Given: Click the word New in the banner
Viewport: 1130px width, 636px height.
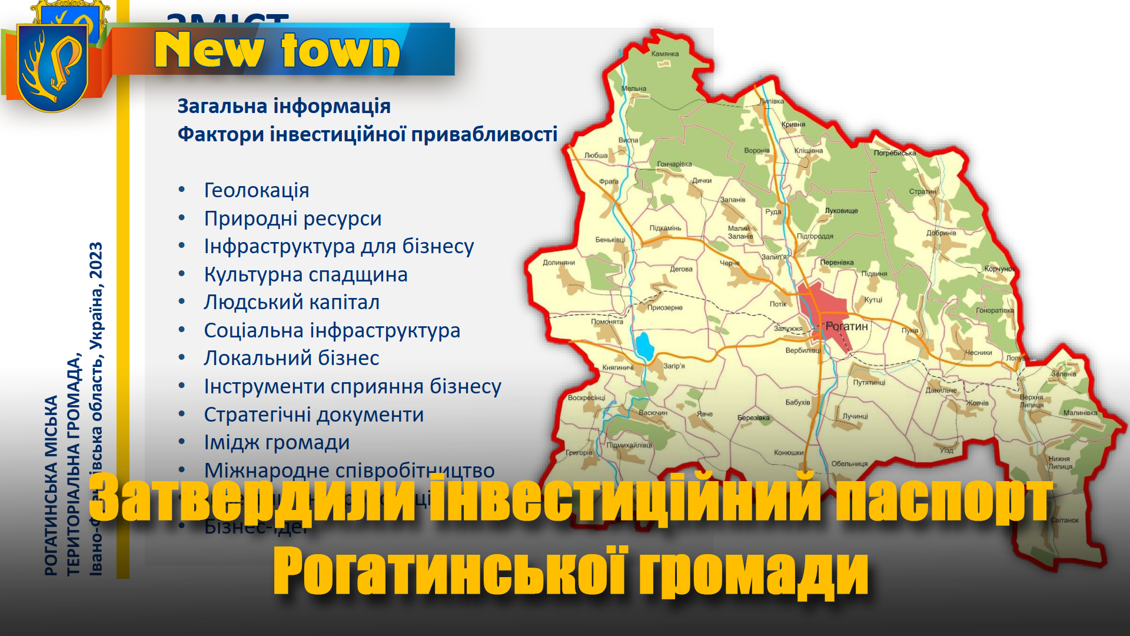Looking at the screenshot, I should tap(208, 51).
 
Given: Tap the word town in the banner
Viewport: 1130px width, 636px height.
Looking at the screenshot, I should tap(341, 51).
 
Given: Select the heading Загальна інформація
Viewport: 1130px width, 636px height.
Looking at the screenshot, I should tap(284, 107).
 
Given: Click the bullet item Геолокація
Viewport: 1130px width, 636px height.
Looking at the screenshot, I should tap(256, 190).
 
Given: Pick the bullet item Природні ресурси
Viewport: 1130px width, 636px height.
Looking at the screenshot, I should tap(293, 218).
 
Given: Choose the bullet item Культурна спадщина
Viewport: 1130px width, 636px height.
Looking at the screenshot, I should tap(305, 274).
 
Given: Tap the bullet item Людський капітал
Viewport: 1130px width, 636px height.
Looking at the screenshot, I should tap(291, 302).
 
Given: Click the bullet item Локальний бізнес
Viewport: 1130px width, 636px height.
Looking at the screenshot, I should tap(291, 358).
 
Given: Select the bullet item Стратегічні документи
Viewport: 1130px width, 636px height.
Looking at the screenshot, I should tap(314, 415).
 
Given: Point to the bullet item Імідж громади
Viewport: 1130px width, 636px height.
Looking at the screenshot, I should tap(277, 442).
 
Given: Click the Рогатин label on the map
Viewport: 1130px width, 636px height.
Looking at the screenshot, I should tap(846, 326).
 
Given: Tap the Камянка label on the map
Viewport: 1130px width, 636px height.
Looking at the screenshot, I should tap(665, 54).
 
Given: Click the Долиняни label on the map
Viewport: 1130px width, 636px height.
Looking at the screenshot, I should tap(559, 263).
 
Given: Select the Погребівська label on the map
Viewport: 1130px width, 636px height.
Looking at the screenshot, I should tap(895, 153).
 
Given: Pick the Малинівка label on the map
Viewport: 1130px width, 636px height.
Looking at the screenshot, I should tap(1080, 413).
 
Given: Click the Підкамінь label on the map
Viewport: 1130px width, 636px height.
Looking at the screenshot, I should tap(665, 228).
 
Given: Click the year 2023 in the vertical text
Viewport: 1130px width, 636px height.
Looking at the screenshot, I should tap(96, 261).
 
